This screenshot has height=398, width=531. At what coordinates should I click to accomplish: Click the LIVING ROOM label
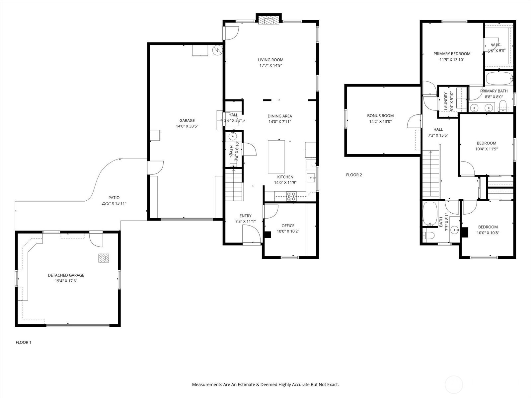click(270, 60)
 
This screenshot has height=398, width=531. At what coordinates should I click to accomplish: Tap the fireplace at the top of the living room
click(268, 20)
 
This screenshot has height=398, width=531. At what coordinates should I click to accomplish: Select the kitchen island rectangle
click(276, 157)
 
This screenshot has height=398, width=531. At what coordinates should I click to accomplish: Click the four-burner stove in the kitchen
click(291, 196)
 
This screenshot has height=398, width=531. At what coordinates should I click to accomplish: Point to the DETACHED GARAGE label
click(66, 275)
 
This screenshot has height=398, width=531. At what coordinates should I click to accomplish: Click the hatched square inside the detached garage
click(104, 258)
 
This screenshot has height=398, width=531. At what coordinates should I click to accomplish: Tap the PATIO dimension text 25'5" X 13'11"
click(114, 203)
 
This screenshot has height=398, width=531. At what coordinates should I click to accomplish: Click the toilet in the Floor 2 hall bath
click(428, 235)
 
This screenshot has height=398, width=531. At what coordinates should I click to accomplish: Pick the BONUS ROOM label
click(380, 115)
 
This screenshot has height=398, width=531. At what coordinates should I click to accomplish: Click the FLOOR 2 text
click(354, 175)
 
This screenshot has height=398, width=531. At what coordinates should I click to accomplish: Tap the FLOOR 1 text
click(24, 342)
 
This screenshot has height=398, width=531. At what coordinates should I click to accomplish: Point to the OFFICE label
click(288, 226)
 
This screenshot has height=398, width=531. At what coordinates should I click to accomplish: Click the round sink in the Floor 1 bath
click(233, 136)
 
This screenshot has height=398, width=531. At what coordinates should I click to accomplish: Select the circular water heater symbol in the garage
click(217, 50)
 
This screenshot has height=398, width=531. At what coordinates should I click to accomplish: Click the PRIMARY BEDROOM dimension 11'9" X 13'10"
click(452, 60)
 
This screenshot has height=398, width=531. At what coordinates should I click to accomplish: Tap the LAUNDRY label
click(446, 101)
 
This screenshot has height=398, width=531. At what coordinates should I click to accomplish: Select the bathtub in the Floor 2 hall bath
click(430, 214)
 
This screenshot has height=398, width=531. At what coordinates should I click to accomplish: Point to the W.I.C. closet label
click(496, 45)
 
